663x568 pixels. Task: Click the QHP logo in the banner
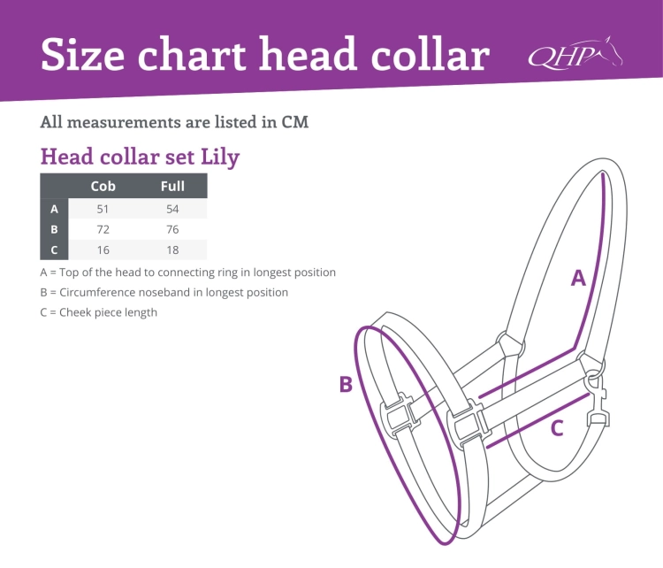(575, 53)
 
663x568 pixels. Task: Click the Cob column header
(103, 186)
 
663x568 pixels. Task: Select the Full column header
(172, 186)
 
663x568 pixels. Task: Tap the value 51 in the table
(103, 209)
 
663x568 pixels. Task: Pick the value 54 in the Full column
(172, 209)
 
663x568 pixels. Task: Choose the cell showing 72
(103, 229)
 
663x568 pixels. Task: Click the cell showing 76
(172, 229)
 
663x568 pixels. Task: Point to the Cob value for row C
(103, 250)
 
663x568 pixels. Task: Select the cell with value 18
(172, 250)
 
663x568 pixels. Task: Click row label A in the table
(54, 209)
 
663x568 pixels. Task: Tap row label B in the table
(54, 229)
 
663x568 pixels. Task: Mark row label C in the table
(54, 250)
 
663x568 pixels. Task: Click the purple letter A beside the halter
(578, 278)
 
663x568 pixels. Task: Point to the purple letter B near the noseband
(346, 384)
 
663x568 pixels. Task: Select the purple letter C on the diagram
(557, 428)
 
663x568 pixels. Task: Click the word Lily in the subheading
(220, 157)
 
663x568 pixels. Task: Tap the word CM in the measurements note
(294, 122)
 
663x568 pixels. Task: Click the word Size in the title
(82, 55)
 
